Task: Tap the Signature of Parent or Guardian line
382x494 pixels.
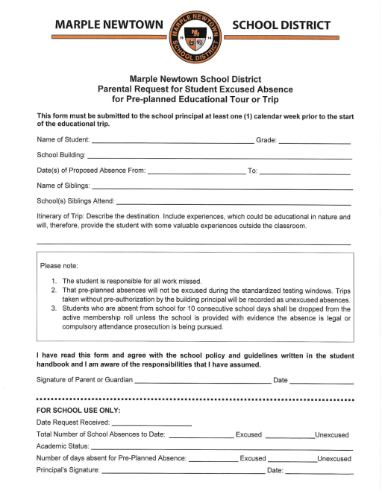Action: (202, 381)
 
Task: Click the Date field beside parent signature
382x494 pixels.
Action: (321, 381)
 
